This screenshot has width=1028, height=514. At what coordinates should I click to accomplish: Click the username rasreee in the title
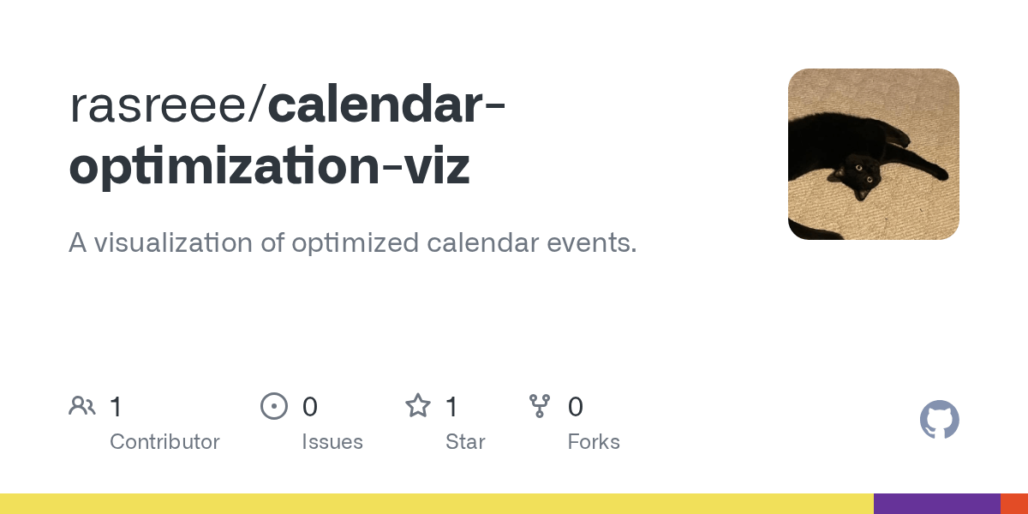pyautogui.click(x=158, y=105)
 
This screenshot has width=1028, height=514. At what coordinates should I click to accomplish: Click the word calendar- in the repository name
pyautogui.click(x=387, y=105)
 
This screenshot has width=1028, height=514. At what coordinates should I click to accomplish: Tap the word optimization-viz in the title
pyautogui.click(x=269, y=167)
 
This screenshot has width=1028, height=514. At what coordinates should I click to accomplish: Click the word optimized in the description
pyautogui.click(x=356, y=243)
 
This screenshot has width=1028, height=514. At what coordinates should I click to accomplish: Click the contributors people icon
pyautogui.click(x=82, y=406)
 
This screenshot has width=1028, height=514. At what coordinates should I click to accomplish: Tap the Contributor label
pyautogui.click(x=164, y=442)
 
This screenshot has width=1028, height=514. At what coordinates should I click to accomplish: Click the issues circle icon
pyautogui.click(x=274, y=406)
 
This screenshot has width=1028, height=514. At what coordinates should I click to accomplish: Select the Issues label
pyautogui.click(x=332, y=442)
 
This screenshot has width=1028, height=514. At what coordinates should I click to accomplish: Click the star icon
pyautogui.click(x=418, y=406)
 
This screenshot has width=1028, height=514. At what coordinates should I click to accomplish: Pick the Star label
pyautogui.click(x=465, y=442)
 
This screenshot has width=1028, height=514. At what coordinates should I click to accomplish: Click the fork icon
pyautogui.click(x=540, y=406)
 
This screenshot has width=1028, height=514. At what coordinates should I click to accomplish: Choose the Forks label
pyautogui.click(x=594, y=442)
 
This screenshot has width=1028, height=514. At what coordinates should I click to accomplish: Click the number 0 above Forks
pyautogui.click(x=576, y=407)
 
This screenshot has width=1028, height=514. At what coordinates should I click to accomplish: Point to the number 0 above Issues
pyautogui.click(x=310, y=407)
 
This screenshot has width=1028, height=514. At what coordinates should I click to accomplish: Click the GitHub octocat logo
pyautogui.click(x=940, y=420)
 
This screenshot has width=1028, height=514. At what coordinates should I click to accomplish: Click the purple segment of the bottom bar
pyautogui.click(x=937, y=504)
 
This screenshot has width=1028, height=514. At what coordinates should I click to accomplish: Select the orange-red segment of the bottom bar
pyautogui.click(x=1014, y=504)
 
